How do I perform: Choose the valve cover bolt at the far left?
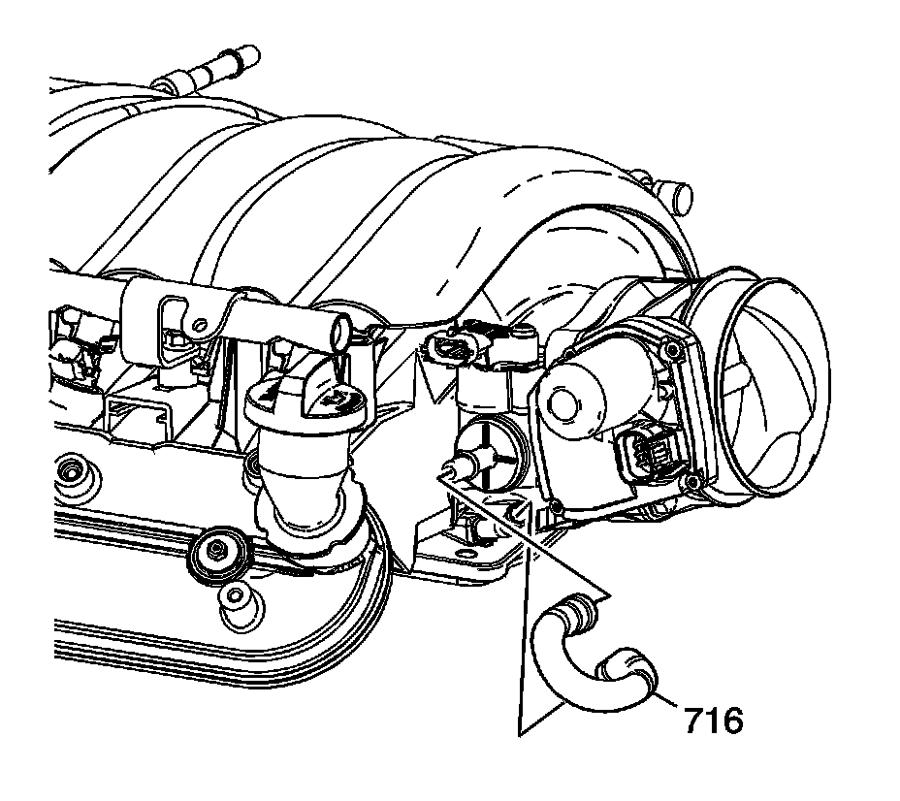(x=72, y=473)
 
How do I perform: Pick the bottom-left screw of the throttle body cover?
(x=556, y=506)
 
